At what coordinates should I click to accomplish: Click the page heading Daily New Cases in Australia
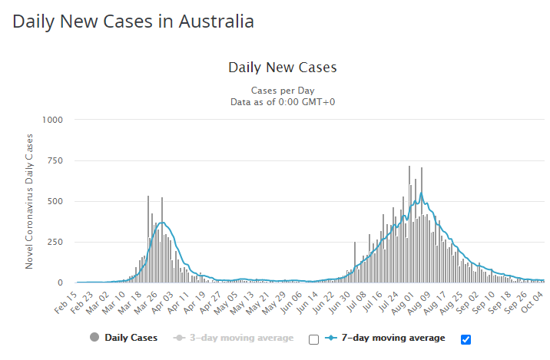pos(133,21)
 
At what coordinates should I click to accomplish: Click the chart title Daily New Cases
pos(282,68)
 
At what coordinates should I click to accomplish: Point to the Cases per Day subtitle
pos(282,90)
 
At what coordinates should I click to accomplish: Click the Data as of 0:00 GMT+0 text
pos(282,101)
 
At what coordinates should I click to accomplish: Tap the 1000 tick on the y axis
pos(62,120)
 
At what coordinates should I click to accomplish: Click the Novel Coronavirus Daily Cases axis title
pos(30,201)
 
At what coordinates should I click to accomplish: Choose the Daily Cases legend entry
pos(131,338)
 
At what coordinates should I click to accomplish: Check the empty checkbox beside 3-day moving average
pos(313,339)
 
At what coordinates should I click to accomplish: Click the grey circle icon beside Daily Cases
pos(94,338)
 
